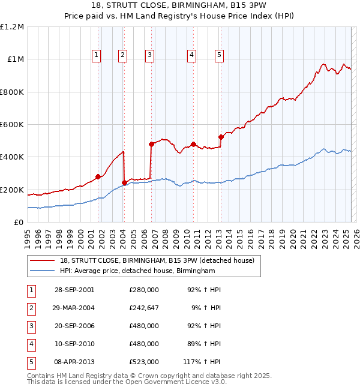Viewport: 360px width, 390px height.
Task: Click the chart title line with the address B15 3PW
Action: tap(180, 6)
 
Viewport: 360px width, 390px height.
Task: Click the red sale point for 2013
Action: tap(221, 137)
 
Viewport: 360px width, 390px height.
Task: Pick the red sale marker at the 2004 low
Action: tap(124, 182)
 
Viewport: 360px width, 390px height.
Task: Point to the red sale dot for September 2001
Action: tap(98, 176)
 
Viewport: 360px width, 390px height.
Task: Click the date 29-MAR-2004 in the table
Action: tap(74, 308)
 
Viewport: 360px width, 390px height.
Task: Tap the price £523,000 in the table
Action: tap(144, 362)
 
